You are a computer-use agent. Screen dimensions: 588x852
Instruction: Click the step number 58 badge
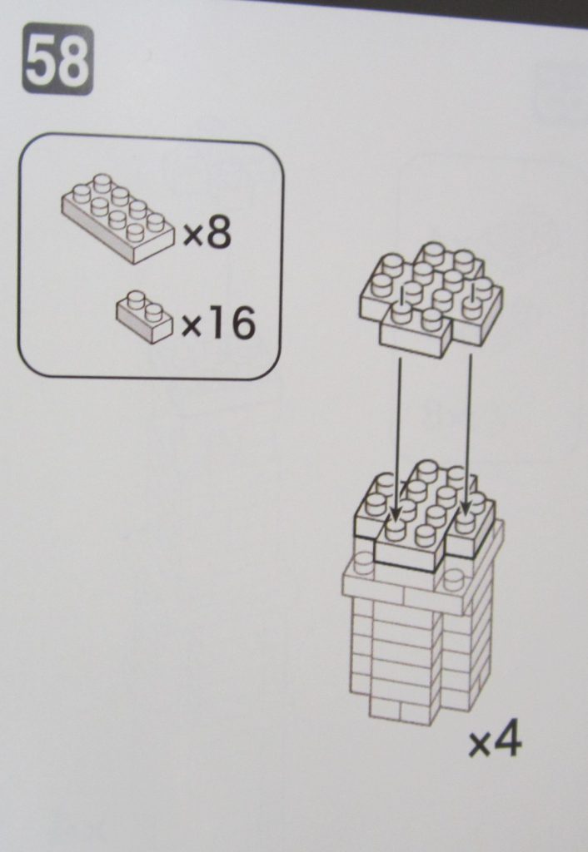[x=57, y=59]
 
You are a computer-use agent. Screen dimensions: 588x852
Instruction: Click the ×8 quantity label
[x=207, y=232]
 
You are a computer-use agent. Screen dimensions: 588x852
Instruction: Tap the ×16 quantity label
[x=217, y=322]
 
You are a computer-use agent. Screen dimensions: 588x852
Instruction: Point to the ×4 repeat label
[x=495, y=741]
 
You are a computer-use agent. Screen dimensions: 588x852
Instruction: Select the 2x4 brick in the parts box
[x=118, y=219]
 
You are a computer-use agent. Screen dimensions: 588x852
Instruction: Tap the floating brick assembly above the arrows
[x=431, y=300]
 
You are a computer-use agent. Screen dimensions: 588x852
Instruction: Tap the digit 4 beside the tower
[x=507, y=740]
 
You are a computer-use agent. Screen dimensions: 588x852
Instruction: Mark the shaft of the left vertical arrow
[x=399, y=434]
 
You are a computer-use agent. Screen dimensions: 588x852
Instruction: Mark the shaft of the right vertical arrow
[x=469, y=431]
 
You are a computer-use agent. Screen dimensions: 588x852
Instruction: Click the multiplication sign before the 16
[x=192, y=326]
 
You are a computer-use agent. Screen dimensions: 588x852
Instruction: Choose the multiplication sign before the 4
[x=479, y=745]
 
